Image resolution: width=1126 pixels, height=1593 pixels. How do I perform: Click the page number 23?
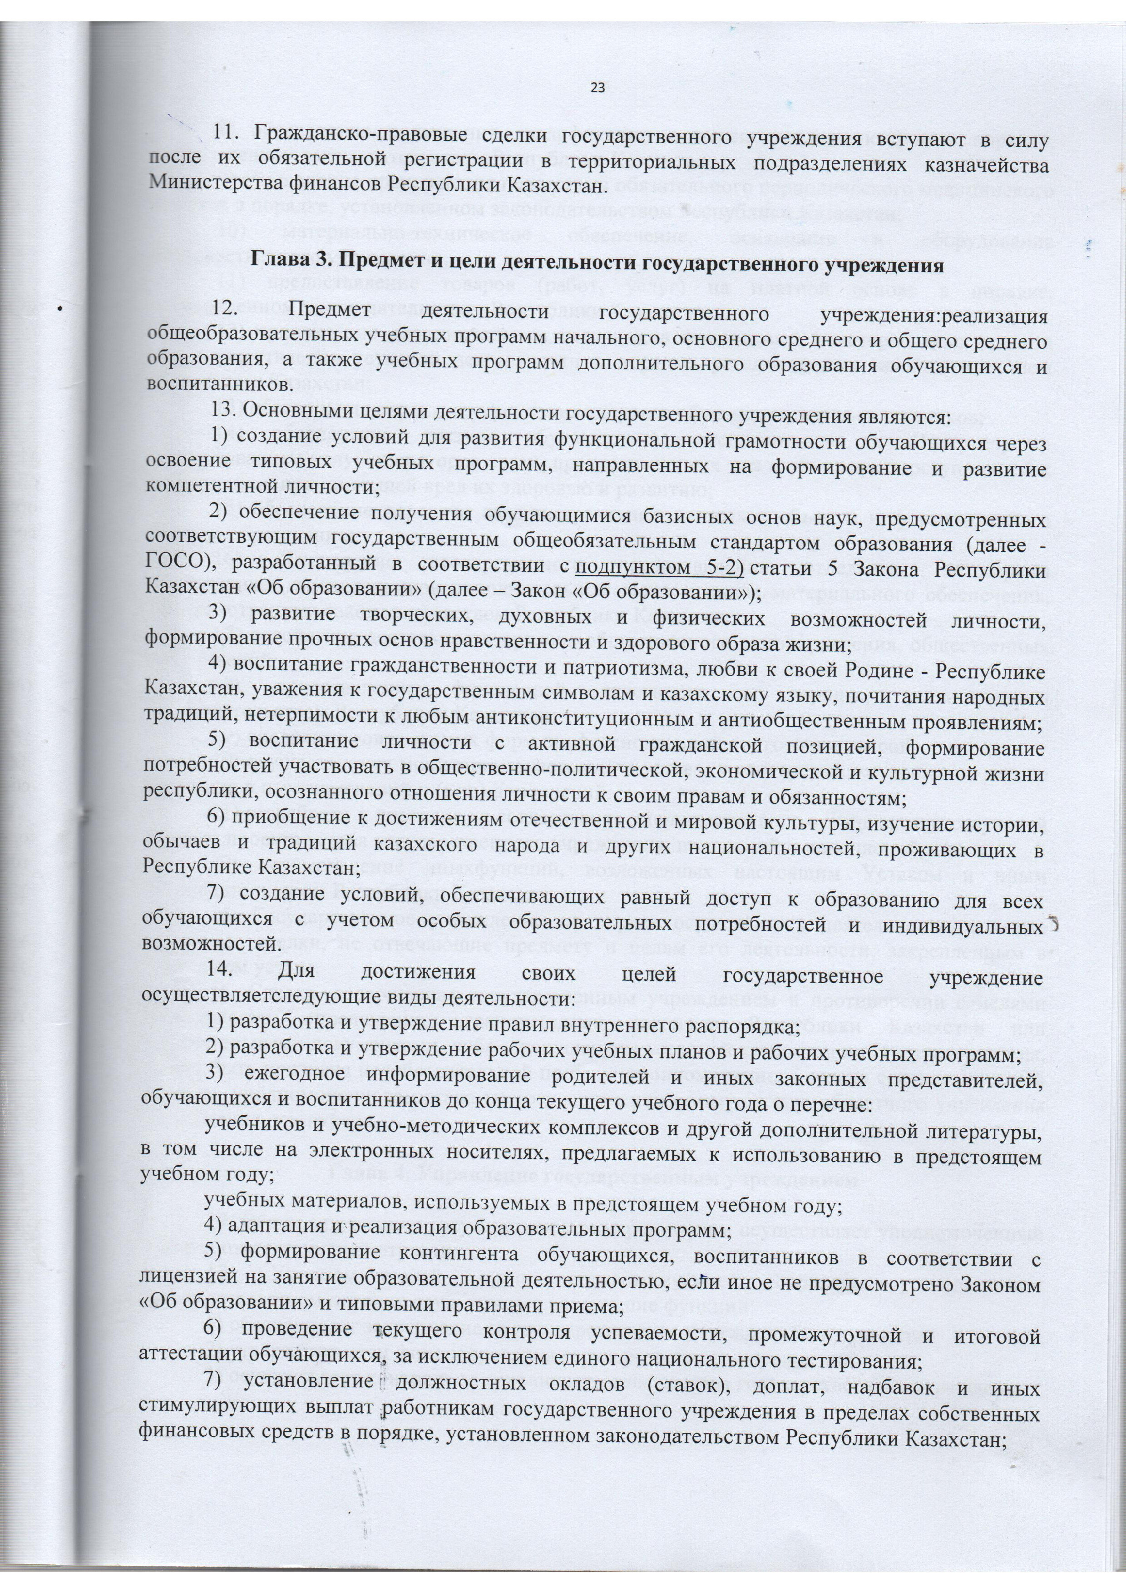598,88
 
